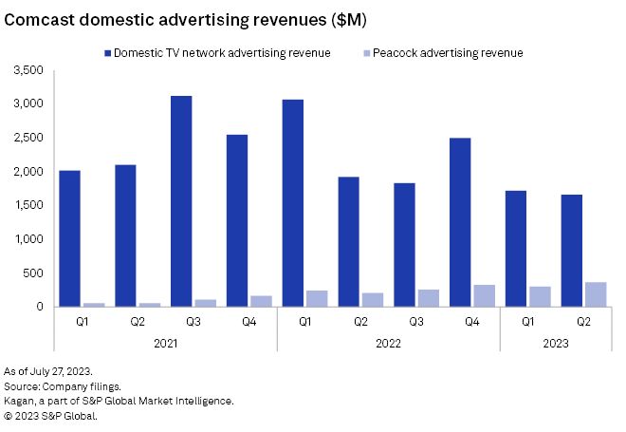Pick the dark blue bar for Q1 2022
tap(292, 203)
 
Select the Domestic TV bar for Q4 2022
tap(460, 222)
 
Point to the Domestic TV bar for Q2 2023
tap(571, 251)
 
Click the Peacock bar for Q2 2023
tap(596, 294)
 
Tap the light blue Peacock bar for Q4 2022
tap(484, 295)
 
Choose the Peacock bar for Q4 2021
tap(261, 301)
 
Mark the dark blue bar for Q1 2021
tap(69, 238)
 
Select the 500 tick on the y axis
tap(36, 272)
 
